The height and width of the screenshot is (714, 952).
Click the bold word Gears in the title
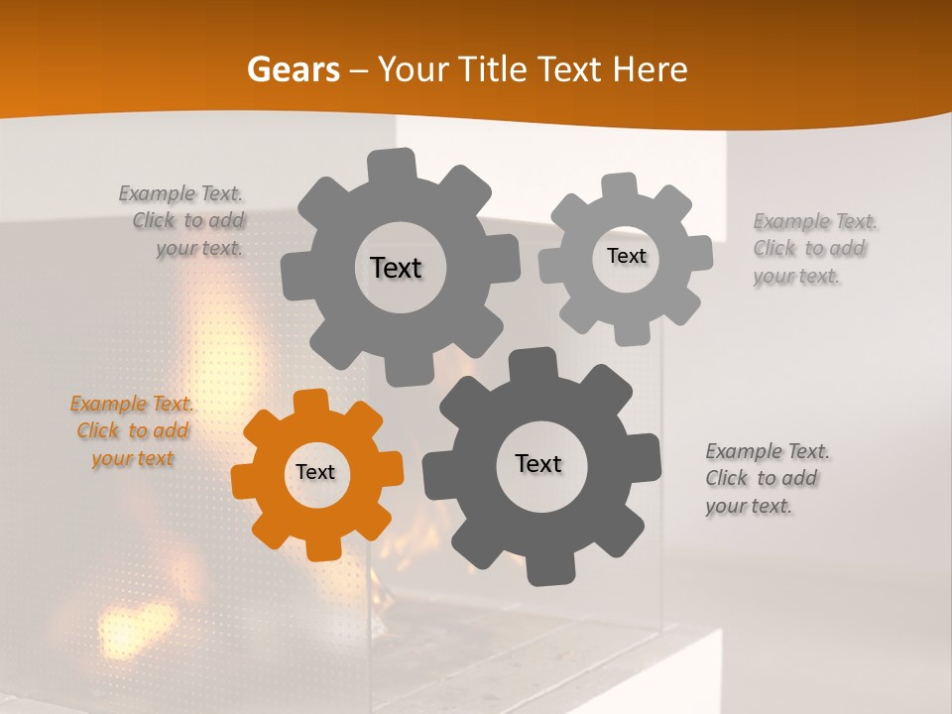(x=293, y=69)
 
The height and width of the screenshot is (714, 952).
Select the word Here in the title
(x=651, y=69)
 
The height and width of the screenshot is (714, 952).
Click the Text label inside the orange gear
(x=315, y=473)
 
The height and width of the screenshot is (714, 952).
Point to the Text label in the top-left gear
(x=396, y=268)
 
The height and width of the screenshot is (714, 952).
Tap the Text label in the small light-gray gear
(x=626, y=256)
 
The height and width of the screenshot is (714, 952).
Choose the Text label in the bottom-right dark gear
(x=538, y=463)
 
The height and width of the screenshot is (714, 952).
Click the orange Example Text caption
(x=132, y=431)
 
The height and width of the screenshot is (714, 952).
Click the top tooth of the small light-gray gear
(x=619, y=185)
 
